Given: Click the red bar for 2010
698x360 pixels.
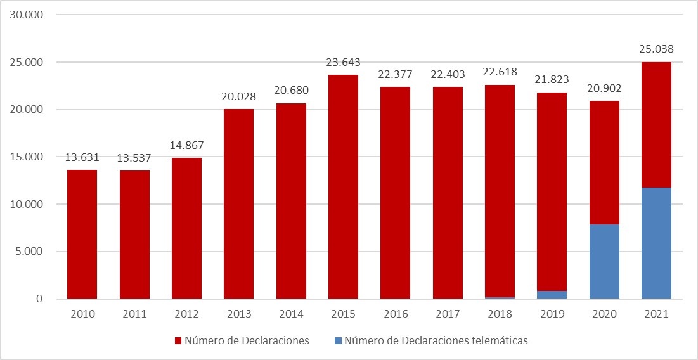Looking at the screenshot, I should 82,235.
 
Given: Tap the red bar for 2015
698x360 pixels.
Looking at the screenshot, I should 343,187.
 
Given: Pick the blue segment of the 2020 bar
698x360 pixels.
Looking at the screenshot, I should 604,262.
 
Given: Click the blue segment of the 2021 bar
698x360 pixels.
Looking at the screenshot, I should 656,243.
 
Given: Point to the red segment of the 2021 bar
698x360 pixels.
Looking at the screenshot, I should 656,125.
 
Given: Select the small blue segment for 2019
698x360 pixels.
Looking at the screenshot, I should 552,295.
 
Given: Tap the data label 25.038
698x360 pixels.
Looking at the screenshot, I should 656,49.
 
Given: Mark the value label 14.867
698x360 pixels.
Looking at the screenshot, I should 186,145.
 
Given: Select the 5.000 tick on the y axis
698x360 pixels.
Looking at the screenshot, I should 29,252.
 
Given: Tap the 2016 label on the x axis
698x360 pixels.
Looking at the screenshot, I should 395,313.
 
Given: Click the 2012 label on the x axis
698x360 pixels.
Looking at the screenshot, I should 186,313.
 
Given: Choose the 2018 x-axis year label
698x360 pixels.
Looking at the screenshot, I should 500,313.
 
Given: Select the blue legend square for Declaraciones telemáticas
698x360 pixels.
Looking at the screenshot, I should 337,341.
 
